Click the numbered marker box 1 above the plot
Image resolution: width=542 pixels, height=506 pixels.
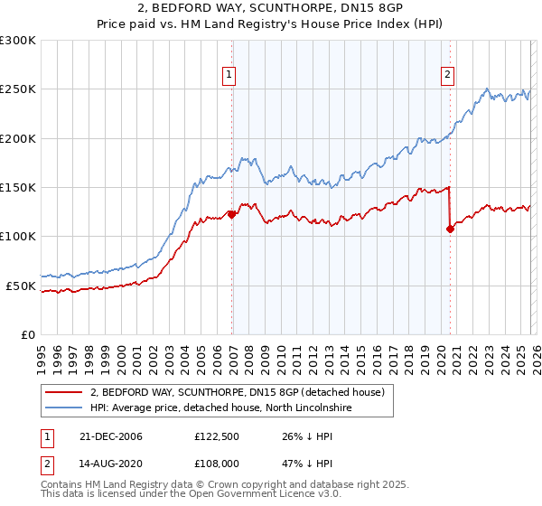click(x=230, y=76)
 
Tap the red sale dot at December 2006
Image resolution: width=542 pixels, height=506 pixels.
click(x=231, y=214)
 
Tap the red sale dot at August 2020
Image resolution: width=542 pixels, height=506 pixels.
click(x=450, y=229)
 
